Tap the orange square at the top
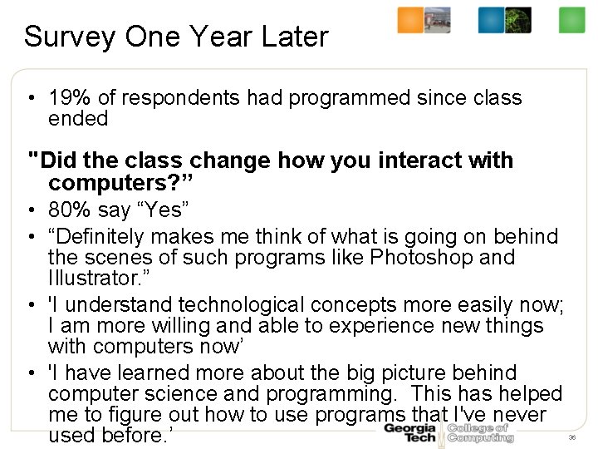[410, 20]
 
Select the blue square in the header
[491, 20]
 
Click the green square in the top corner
[572, 20]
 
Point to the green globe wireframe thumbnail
[518, 20]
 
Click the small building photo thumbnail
[438, 20]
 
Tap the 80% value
[66, 208]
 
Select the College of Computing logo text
[479, 432]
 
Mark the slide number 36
[571, 437]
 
